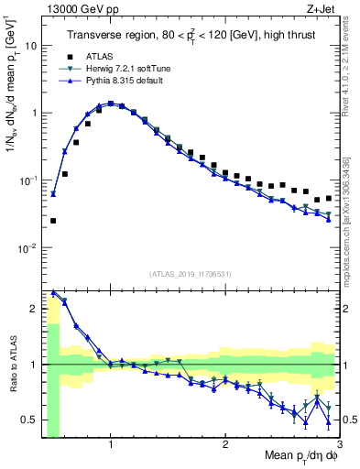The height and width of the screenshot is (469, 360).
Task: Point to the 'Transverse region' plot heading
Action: [190, 36]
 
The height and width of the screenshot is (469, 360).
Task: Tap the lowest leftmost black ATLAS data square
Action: [53, 221]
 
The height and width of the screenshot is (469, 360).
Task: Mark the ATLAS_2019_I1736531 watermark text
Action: [191, 273]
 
